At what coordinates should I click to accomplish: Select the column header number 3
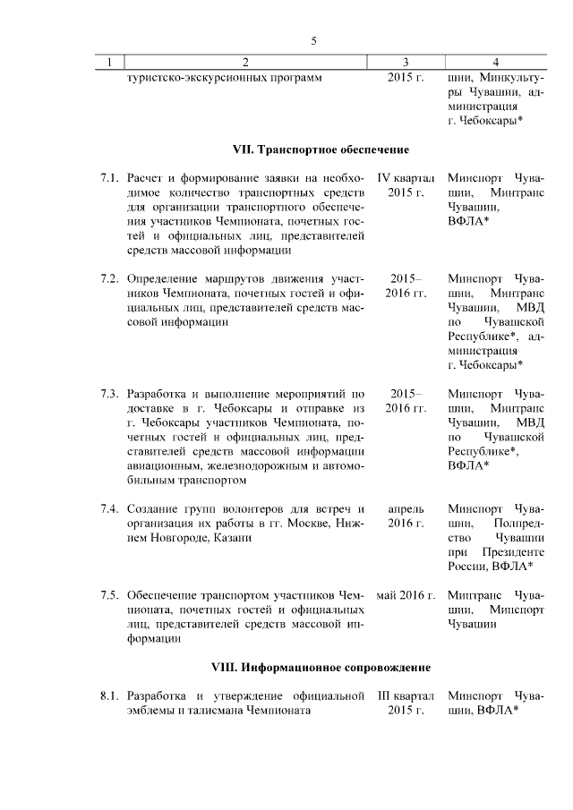coord(406,62)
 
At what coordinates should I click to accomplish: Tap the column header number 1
coord(109,62)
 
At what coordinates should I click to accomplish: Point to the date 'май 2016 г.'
coord(406,595)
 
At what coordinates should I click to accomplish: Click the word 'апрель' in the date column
coord(406,508)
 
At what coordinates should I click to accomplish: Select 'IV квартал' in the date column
coord(406,178)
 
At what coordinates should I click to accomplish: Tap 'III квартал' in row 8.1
coord(406,695)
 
